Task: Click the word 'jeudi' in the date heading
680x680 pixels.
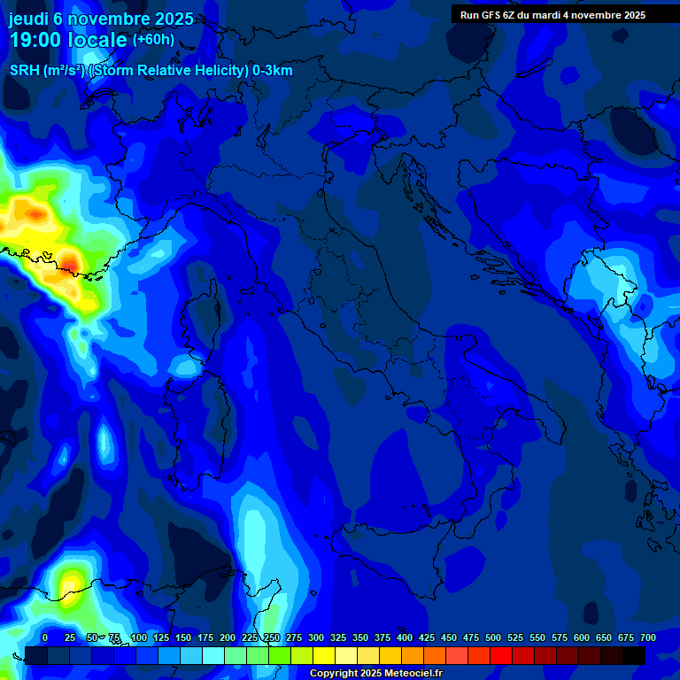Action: pos(28,19)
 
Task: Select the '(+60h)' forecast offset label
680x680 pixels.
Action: pos(153,40)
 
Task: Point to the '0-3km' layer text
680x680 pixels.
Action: pos(272,71)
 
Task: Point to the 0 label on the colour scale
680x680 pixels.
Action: pos(45,637)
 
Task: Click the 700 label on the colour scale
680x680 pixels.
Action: pos(647,637)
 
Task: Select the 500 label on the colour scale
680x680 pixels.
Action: pos(471,637)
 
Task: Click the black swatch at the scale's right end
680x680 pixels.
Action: pos(634,655)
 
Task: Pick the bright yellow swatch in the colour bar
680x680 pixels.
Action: pos(324,655)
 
